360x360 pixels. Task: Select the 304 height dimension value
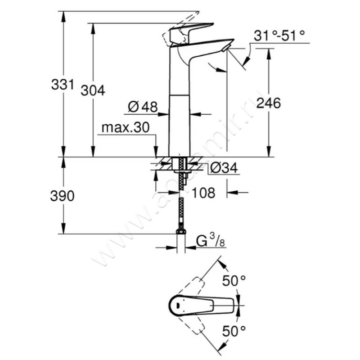pos(93,90)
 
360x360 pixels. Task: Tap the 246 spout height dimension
pos(268,103)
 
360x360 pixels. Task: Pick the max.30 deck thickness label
pos(125,128)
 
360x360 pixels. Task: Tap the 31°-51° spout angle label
pos(279,35)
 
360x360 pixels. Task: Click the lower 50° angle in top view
pos(234,332)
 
